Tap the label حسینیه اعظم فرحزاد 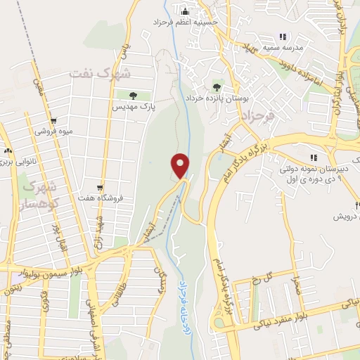tap(186, 22)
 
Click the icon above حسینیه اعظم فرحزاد tap(186, 11)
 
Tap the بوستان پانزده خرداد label tap(216, 98)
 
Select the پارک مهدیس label tap(134, 106)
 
